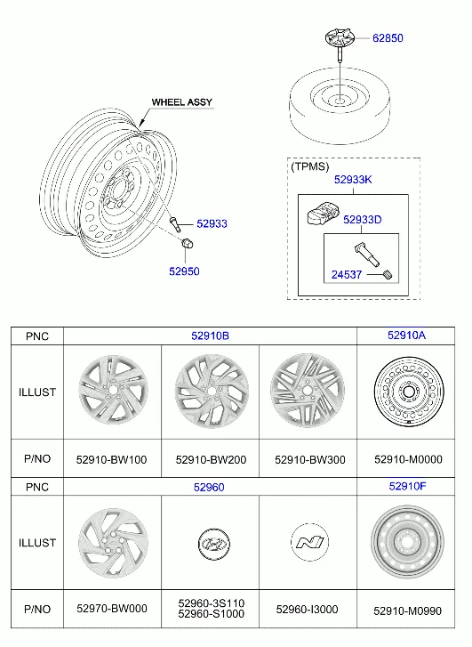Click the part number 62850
[388, 38]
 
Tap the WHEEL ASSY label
[182, 102]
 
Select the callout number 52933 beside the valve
[212, 223]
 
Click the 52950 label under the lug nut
[184, 271]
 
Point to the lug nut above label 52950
[188, 244]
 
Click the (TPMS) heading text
[310, 166]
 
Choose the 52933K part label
[353, 180]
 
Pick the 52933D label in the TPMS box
[363, 220]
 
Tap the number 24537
[347, 274]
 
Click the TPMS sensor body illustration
[324, 213]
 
